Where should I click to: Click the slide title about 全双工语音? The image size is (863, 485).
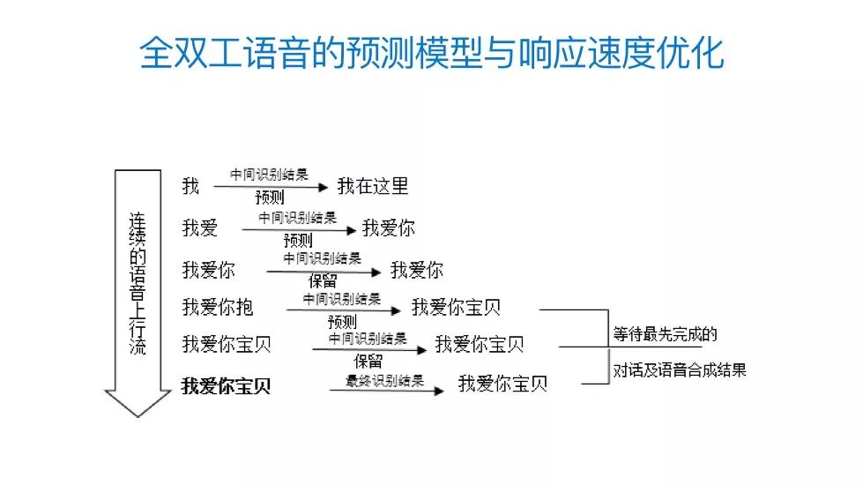[x=432, y=54]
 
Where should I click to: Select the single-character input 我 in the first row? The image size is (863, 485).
[x=190, y=186]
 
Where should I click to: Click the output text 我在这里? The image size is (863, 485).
[x=373, y=186]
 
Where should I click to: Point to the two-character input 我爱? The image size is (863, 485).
[x=200, y=228]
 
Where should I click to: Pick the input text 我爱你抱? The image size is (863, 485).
[x=218, y=306]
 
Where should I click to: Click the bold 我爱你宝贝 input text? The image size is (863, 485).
[x=227, y=386]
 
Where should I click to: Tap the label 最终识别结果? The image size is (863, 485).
[x=384, y=381]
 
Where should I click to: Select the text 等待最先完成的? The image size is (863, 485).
[x=666, y=334]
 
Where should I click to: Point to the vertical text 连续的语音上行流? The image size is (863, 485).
[x=138, y=282]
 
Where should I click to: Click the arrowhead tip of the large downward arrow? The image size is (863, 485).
[x=138, y=414]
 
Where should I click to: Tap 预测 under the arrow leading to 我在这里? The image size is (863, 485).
[x=269, y=198]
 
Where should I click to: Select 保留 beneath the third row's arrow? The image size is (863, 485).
[x=323, y=282]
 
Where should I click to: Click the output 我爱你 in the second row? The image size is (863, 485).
[x=388, y=228]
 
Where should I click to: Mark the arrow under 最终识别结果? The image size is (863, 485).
[x=386, y=391]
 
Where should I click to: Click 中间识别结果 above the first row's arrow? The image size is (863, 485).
[x=269, y=175]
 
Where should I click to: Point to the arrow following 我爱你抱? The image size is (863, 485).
[x=344, y=310]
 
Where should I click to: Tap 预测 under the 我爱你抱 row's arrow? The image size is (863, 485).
[x=342, y=321]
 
